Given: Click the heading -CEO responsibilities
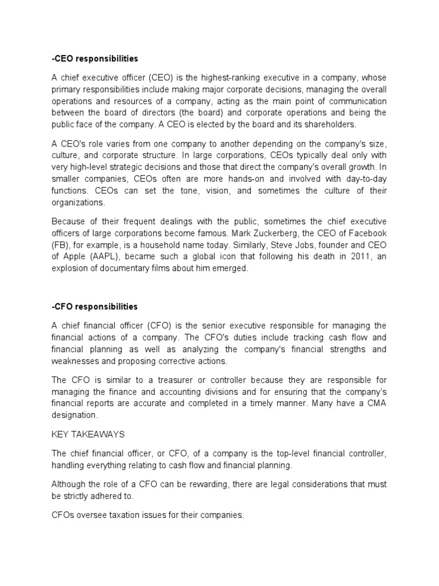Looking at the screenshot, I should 95,58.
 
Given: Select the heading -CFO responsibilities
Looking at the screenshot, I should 94,307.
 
